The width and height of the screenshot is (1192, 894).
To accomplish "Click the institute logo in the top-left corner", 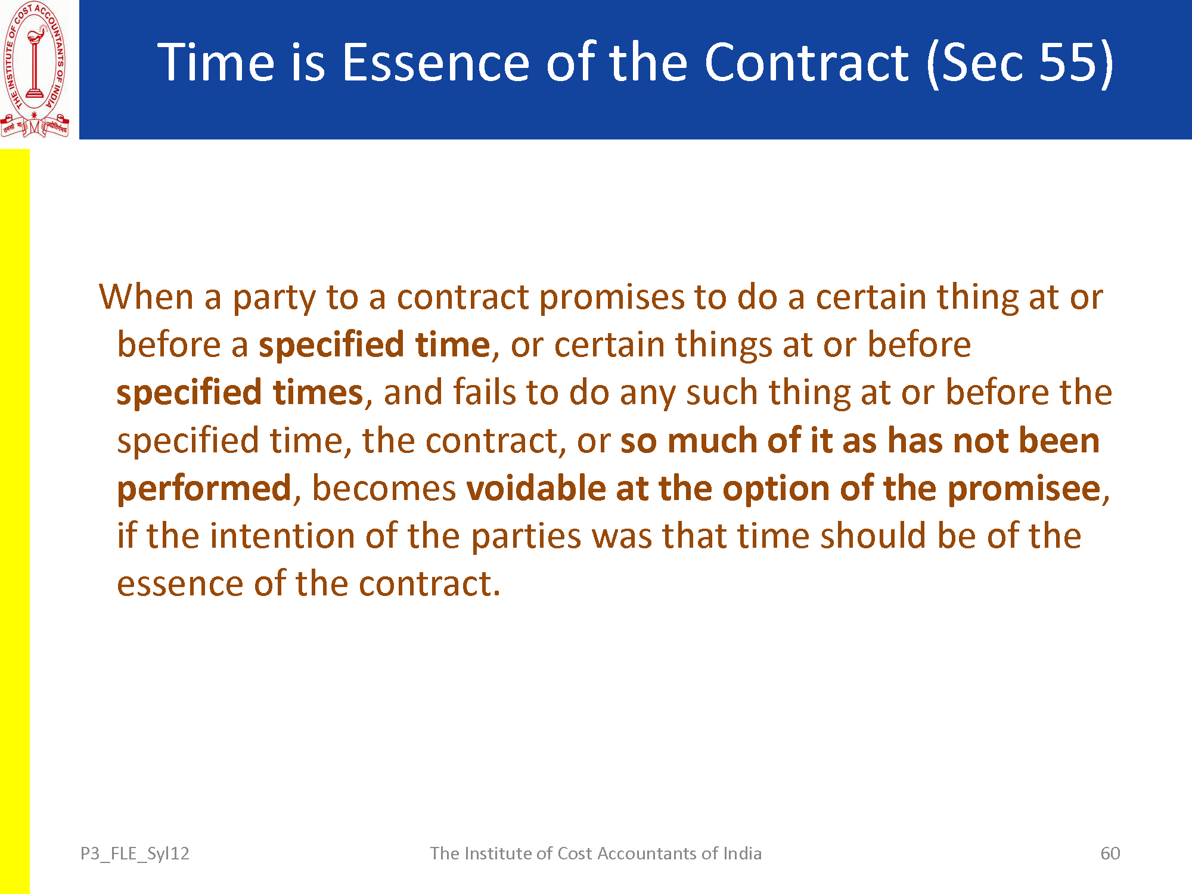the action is click(35, 70).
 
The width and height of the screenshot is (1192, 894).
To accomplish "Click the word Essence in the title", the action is click(436, 62).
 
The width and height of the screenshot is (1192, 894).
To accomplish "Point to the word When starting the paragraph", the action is click(146, 296).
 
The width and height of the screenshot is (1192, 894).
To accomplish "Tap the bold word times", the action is click(318, 392).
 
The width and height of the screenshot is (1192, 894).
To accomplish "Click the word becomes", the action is click(384, 488).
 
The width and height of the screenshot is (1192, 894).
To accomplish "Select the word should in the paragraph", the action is click(873, 535).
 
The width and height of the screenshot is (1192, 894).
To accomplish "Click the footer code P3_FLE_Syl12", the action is click(135, 854).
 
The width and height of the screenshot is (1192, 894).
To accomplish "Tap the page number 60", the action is click(1110, 853).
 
